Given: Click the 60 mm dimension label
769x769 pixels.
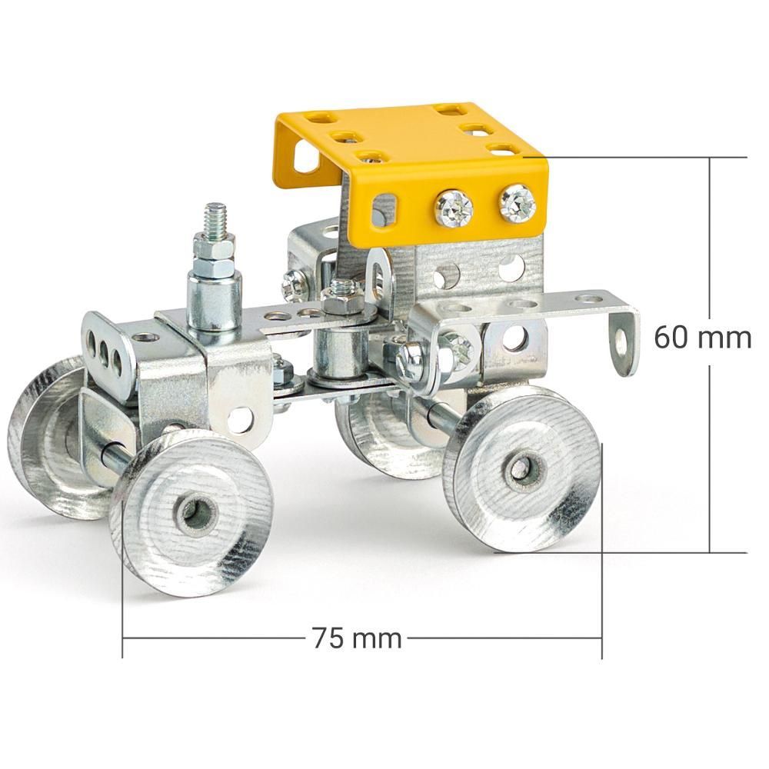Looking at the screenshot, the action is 702,338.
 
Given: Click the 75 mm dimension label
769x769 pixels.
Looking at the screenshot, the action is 357,638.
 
